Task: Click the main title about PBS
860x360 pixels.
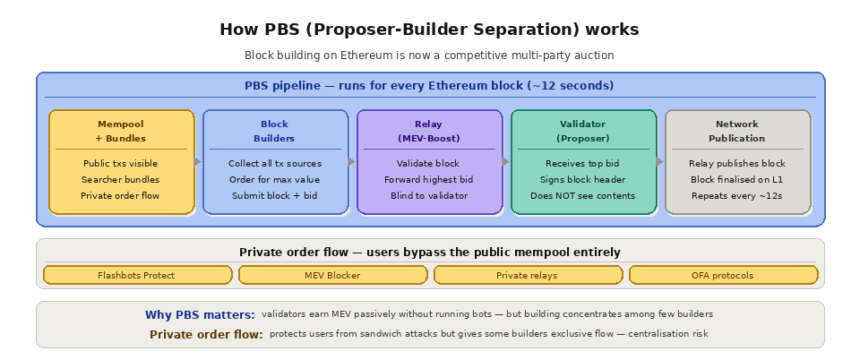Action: (429, 30)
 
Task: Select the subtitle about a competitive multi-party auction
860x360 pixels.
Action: (429, 56)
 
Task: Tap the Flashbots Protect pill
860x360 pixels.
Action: (136, 275)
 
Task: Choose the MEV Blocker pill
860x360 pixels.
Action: (331, 275)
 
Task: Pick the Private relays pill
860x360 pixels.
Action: (527, 275)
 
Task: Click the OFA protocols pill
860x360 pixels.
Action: (722, 275)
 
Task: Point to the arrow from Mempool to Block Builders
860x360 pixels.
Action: (199, 162)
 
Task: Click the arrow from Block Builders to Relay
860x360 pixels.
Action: (352, 162)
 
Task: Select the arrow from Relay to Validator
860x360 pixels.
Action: (506, 162)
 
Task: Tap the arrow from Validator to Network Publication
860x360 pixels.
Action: (660, 162)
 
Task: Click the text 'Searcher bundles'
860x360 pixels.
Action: (121, 179)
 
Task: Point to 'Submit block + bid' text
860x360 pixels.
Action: (274, 195)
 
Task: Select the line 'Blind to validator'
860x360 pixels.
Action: (429, 195)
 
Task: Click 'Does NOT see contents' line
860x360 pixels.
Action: (582, 195)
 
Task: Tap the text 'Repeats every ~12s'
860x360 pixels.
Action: (737, 195)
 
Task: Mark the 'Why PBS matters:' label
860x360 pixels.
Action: (200, 315)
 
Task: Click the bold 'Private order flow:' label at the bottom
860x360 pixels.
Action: (206, 335)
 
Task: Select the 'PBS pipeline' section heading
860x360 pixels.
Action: (429, 86)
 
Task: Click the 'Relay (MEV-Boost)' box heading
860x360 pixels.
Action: (429, 131)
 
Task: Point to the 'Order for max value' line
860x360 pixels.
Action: (274, 179)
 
